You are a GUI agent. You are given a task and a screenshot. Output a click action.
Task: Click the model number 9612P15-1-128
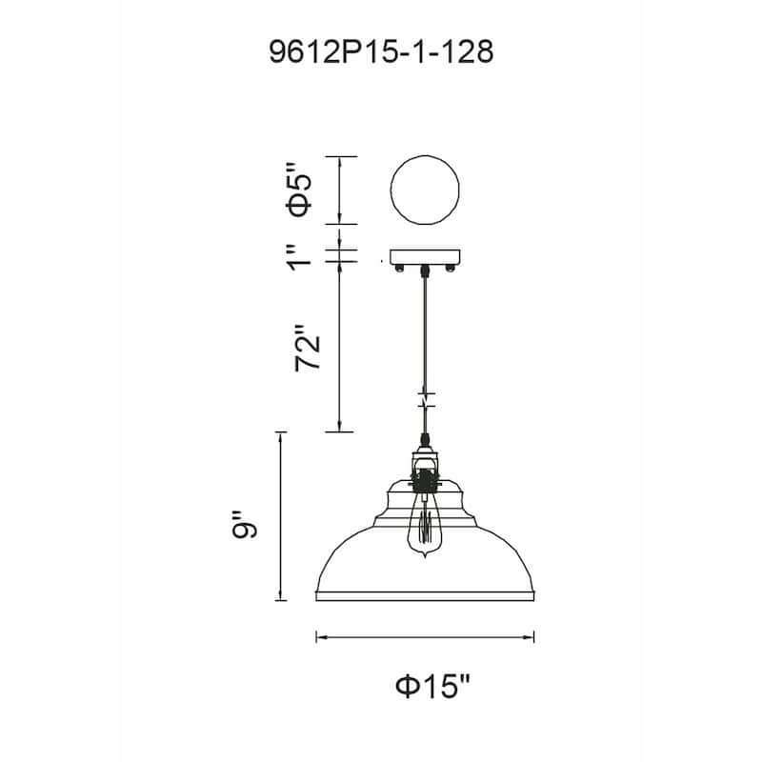click(x=381, y=52)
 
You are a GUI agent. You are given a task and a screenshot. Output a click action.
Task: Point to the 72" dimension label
click(x=308, y=348)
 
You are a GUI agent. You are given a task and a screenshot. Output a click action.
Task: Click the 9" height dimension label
click(x=244, y=525)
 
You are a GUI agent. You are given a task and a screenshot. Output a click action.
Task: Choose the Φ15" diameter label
click(x=432, y=686)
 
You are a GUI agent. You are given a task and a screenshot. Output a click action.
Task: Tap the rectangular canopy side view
click(x=425, y=257)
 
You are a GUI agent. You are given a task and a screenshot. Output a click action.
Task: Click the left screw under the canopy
click(x=399, y=268)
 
